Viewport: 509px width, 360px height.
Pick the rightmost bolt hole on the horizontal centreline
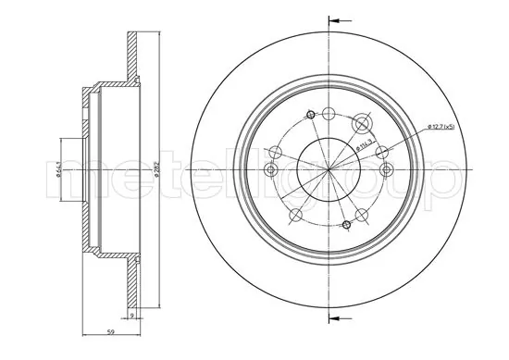coord(387,169)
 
